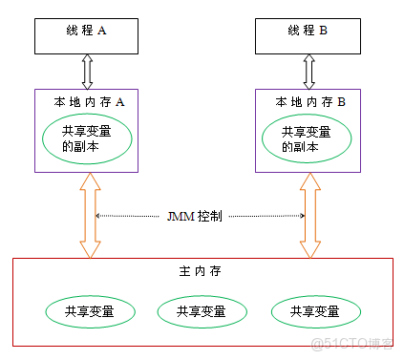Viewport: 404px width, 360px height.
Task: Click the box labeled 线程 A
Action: point(88,32)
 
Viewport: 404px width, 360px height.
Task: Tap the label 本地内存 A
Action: point(87,99)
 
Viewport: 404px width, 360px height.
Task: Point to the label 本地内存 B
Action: point(309,99)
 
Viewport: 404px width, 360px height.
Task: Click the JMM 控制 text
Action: point(196,216)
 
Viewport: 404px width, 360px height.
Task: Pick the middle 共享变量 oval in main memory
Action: point(196,311)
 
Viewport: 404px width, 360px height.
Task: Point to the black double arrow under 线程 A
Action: point(88,72)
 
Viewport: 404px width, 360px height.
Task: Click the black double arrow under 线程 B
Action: point(309,72)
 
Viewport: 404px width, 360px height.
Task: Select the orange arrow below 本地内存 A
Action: point(88,216)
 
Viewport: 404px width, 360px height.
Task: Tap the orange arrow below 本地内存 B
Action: point(309,216)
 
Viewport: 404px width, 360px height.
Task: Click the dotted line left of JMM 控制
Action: point(130,216)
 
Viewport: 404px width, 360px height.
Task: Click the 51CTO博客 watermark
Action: point(360,343)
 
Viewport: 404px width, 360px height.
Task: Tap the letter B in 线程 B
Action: point(323,31)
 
